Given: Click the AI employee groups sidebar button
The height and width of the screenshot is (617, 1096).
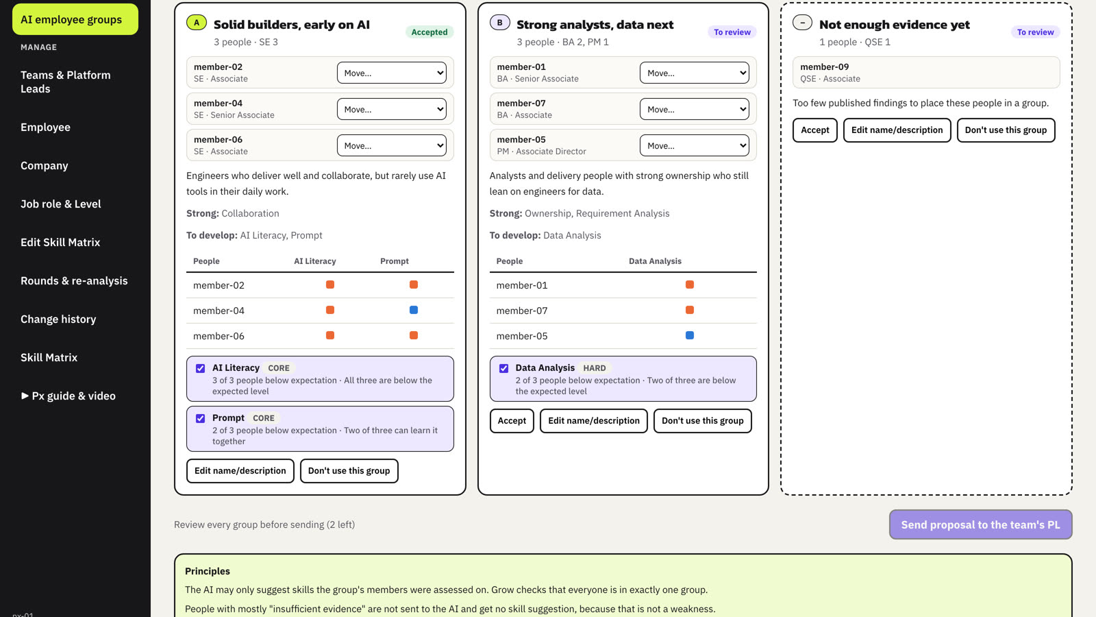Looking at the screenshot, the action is pos(75,19).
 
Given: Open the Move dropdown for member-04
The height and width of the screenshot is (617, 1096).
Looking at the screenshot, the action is pos(391,109).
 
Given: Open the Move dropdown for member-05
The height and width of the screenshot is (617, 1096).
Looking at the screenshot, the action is pos(695,145).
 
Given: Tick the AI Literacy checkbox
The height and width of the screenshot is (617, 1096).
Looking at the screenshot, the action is pos(200,368).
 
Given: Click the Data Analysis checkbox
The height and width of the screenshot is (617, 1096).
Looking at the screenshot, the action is pos(503,368).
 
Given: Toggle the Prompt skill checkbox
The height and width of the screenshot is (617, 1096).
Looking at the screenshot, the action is pos(200,418).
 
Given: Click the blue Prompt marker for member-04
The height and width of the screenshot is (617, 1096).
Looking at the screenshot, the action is pos(414,310).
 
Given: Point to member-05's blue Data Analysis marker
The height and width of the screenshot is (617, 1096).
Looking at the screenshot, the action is pos(689,335).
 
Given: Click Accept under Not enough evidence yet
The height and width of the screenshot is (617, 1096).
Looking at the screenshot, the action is pos(814,130).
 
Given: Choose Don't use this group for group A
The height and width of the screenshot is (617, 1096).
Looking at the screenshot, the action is pos(349,471).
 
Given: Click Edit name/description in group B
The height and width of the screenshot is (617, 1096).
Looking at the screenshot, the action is pos(593,421).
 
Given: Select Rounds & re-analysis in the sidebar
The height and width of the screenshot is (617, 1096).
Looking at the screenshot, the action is pos(74,280).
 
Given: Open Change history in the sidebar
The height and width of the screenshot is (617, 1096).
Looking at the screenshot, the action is pos(58,319).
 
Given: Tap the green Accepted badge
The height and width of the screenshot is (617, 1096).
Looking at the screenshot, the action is pos(429,32).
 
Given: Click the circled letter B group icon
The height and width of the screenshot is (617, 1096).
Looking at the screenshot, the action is pos(499,23).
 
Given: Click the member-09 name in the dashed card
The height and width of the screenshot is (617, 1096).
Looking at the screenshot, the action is pos(825,66).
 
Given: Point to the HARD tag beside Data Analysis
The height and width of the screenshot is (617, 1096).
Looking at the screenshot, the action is pos(595,367).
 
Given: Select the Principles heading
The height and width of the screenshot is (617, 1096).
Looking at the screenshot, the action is pos(208,571).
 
